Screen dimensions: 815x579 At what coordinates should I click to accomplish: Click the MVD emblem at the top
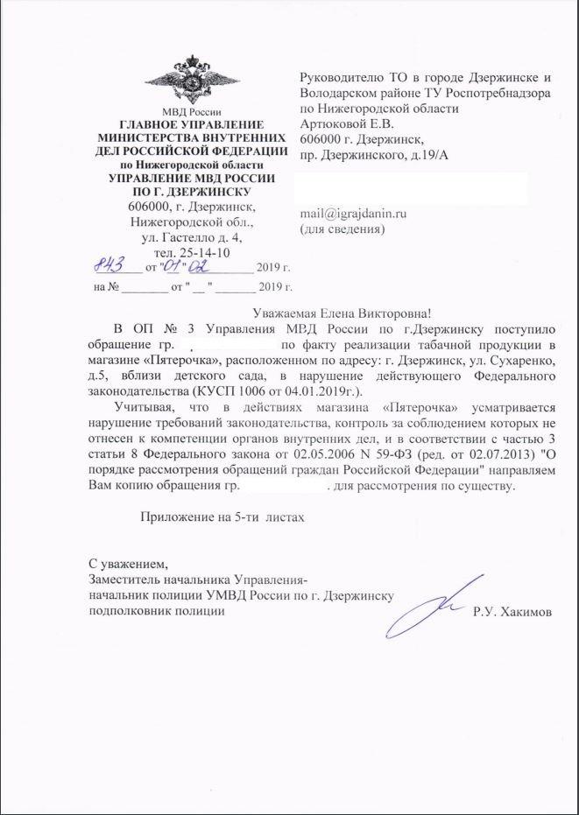pyautogui.click(x=191, y=80)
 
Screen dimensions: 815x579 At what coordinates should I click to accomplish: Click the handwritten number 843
pyautogui.click(x=112, y=263)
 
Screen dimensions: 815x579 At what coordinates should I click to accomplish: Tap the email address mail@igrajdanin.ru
pyautogui.click(x=354, y=213)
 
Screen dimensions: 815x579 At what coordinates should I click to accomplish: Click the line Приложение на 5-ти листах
pyautogui.click(x=222, y=517)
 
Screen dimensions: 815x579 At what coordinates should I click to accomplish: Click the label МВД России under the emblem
pyautogui.click(x=192, y=110)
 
